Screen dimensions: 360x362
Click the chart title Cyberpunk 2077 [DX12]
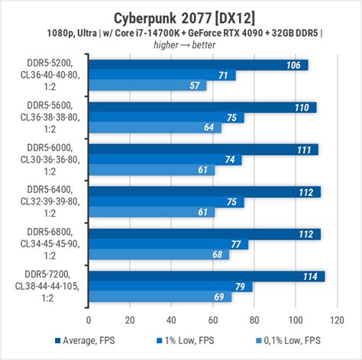180,17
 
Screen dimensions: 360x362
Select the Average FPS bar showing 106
198,65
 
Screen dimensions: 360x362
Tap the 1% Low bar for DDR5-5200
162,76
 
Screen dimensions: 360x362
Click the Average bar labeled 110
202,107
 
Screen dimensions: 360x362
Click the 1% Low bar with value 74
165,160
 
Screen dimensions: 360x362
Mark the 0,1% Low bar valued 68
159,255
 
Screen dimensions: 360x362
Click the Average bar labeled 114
206,276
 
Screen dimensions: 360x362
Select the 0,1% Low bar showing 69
160,297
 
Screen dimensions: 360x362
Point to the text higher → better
181,45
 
